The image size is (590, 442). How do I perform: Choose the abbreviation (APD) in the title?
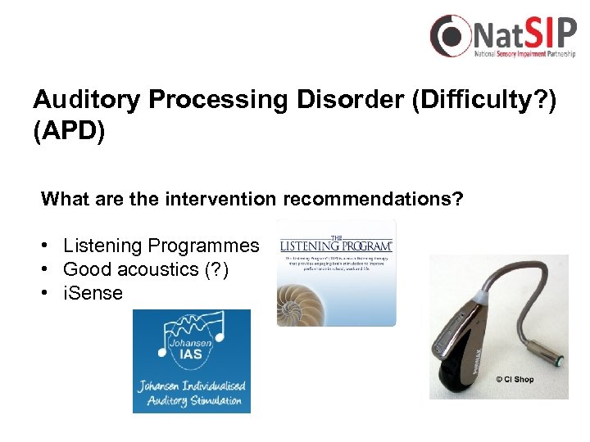tap(69, 132)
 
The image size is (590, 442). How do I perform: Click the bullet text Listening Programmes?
tap(161, 246)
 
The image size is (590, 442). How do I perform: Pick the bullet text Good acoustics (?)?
tap(145, 268)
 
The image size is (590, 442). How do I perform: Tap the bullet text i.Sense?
tap(93, 292)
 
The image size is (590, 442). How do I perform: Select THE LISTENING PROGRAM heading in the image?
tap(336, 242)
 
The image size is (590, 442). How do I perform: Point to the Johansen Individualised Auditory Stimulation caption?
tap(192, 394)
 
